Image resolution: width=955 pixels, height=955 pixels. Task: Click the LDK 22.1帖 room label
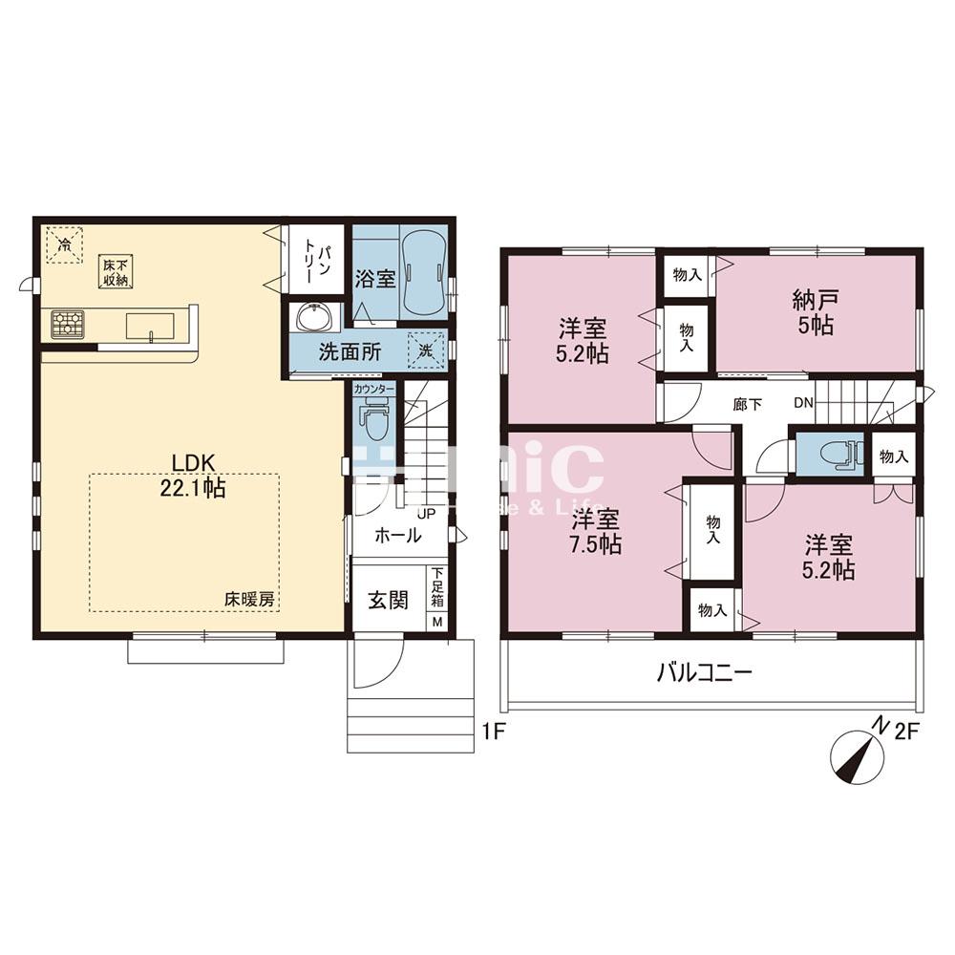(199, 475)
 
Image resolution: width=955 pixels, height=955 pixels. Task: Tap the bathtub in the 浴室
(421, 272)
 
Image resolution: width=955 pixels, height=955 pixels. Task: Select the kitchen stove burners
(69, 325)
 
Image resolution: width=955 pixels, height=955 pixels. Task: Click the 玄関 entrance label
(388, 600)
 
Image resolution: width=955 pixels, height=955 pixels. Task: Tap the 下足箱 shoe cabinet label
(437, 588)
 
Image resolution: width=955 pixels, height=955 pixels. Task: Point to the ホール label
(396, 537)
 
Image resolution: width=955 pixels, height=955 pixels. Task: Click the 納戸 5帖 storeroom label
(816, 313)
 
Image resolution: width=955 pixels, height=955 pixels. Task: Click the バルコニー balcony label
(704, 672)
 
